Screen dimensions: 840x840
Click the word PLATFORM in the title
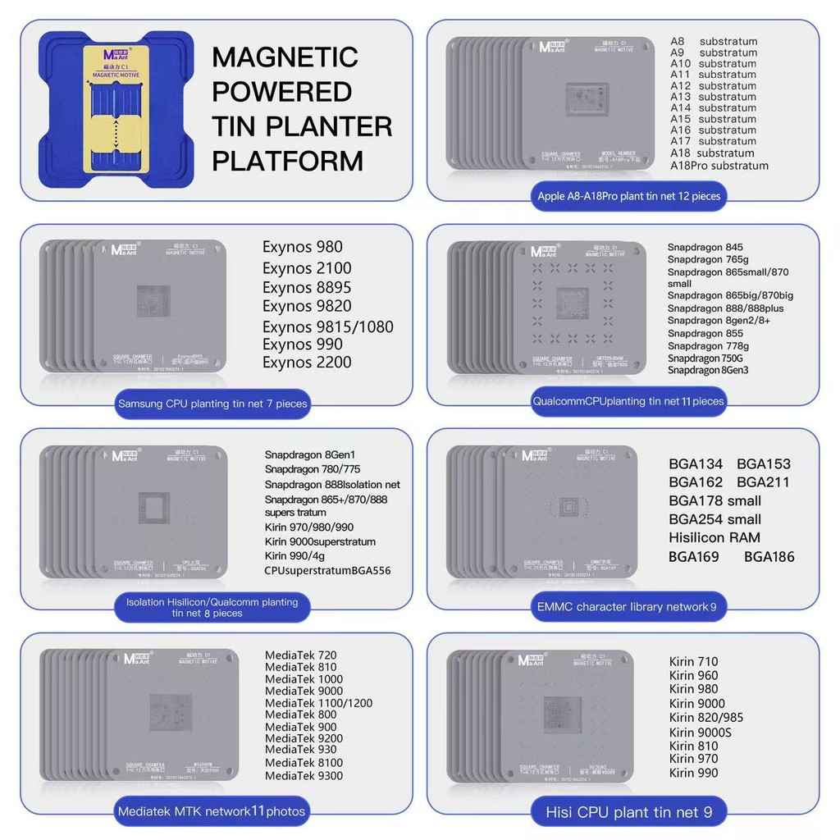[x=287, y=160]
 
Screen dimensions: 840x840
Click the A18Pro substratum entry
[x=719, y=165]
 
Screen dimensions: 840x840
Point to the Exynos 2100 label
[x=307, y=267]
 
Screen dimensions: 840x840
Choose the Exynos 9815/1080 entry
[x=327, y=326]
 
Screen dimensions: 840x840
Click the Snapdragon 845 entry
[x=705, y=248]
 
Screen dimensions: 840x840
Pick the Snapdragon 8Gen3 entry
[x=708, y=370]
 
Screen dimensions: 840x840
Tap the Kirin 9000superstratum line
[x=320, y=541]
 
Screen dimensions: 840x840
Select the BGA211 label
[x=763, y=482]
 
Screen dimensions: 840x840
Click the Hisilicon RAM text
[x=714, y=537]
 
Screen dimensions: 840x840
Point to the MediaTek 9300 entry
[x=304, y=775]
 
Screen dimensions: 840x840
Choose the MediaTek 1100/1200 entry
[x=318, y=703]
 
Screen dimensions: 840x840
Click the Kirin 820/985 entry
[x=706, y=718]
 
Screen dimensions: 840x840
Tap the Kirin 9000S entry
[x=700, y=732]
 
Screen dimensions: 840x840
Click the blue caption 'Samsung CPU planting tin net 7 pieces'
[x=212, y=404]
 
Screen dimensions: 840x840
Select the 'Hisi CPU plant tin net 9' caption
[x=629, y=813]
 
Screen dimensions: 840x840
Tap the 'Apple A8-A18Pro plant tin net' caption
[x=628, y=196]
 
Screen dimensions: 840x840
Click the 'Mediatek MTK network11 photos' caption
[x=212, y=812]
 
